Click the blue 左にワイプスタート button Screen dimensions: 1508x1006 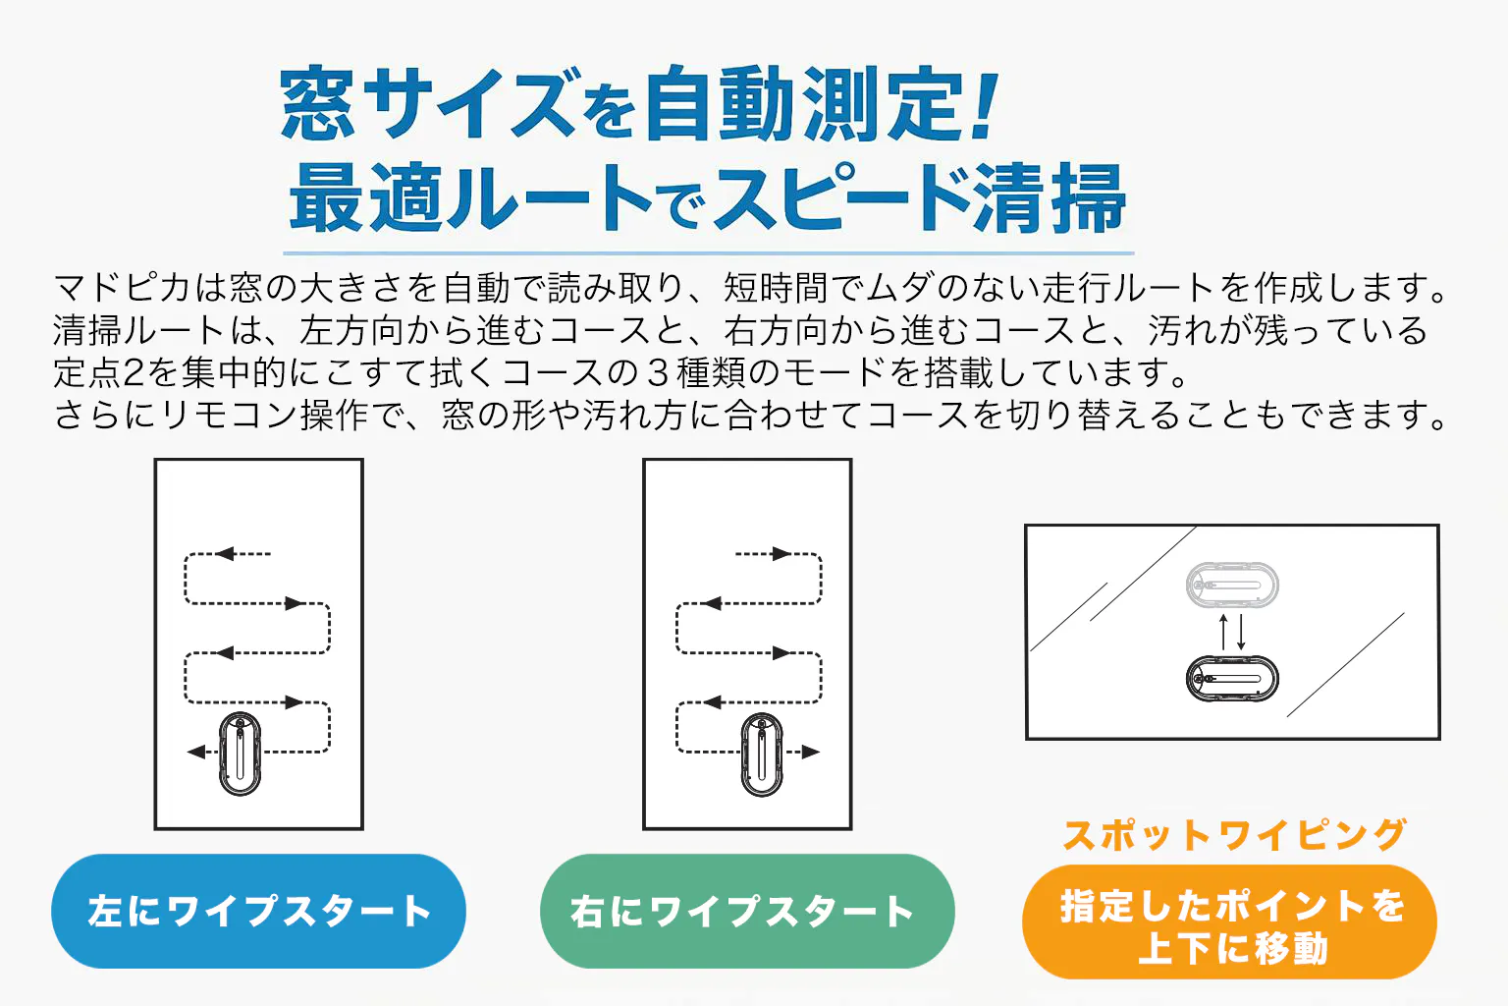pyautogui.click(x=258, y=911)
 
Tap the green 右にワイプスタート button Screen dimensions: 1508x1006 pyautogui.click(x=747, y=911)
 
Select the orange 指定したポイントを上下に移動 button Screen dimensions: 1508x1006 pyautogui.click(x=1229, y=922)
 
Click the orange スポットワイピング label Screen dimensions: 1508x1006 pyautogui.click(x=1234, y=835)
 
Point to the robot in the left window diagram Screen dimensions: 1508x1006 pyautogui.click(x=241, y=754)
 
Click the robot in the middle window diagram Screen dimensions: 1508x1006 pyautogui.click(x=762, y=754)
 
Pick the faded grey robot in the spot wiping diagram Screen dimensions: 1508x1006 pyautogui.click(x=1232, y=585)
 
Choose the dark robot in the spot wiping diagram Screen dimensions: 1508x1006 pyautogui.click(x=1232, y=679)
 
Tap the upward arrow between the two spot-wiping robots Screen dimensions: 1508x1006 pyautogui.click(x=1224, y=632)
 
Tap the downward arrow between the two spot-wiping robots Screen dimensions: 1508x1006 pyautogui.click(x=1241, y=632)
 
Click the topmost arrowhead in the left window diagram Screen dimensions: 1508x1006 pyautogui.click(x=225, y=554)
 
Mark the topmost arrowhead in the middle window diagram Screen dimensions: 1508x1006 pyautogui.click(x=781, y=554)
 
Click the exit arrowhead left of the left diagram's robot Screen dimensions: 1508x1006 pyautogui.click(x=196, y=752)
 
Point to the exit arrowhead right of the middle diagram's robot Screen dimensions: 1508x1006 pyautogui.click(x=811, y=752)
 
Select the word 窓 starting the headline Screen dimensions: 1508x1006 pyautogui.click(x=317, y=104)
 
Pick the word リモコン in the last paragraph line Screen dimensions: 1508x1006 pyautogui.click(x=230, y=415)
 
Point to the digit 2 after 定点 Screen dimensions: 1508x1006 pyautogui.click(x=134, y=372)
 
